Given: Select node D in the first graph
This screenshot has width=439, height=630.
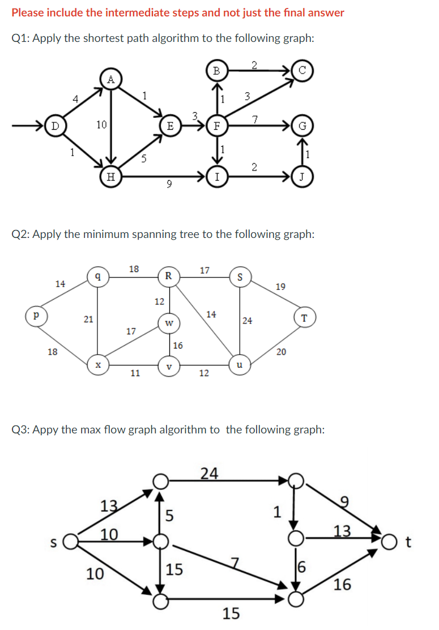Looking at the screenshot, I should click(55, 125).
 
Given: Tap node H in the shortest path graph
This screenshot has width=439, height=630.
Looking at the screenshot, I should click(111, 177).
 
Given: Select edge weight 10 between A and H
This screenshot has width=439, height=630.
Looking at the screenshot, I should click(101, 124).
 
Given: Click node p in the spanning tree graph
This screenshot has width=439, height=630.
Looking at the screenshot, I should click(37, 315).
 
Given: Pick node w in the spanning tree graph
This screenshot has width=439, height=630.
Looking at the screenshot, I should click(168, 323).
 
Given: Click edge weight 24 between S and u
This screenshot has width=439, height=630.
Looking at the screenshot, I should click(247, 321).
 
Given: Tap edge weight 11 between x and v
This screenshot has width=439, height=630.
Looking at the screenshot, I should click(135, 373).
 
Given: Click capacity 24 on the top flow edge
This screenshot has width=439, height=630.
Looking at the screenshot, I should click(209, 472).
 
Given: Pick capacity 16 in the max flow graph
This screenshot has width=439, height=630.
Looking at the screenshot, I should click(342, 584).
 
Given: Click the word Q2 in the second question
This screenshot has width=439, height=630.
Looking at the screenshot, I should click(21, 234).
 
